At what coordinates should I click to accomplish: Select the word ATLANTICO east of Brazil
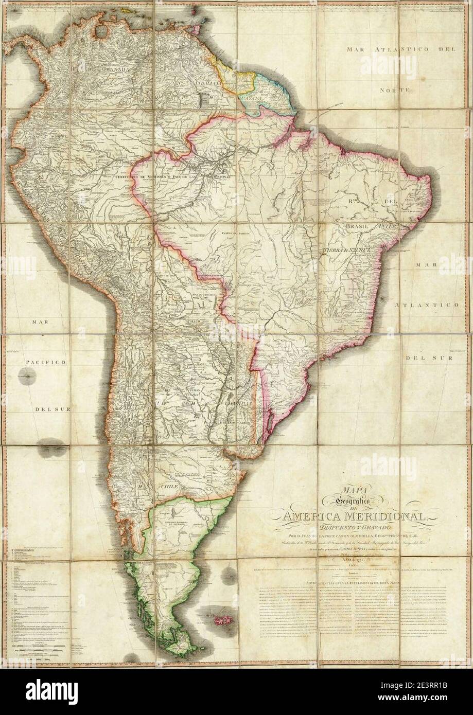[425, 306]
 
